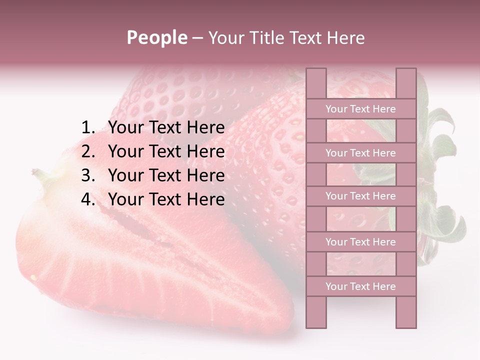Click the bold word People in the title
156,37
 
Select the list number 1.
87,128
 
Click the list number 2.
87,151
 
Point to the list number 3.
87,175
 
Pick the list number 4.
87,199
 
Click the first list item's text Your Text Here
166,128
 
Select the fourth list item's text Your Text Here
166,199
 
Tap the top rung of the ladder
360,109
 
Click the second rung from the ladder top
360,153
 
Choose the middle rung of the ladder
360,196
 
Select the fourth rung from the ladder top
360,242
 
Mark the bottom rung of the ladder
360,286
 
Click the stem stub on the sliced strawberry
38,173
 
